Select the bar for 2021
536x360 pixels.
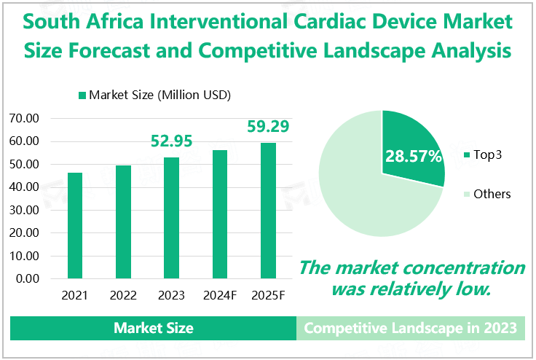pyautogui.click(x=75, y=225)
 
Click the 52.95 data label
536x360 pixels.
pyautogui.click(x=172, y=141)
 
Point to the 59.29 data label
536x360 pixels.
pyautogui.click(x=268, y=126)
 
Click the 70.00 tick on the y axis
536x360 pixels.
pyautogui.click(x=27, y=118)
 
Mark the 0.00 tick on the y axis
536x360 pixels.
pyautogui.click(x=30, y=278)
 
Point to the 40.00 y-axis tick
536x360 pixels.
pyautogui.click(x=27, y=187)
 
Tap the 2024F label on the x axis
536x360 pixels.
pyautogui.click(x=220, y=296)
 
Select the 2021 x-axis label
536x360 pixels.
pyautogui.click(x=75, y=296)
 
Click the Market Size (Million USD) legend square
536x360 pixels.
pyautogui.click(x=82, y=95)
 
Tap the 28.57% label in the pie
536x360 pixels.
pyautogui.click(x=414, y=156)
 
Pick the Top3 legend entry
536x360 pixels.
pyautogui.click(x=486, y=154)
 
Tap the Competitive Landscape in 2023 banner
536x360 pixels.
pyautogui.click(x=411, y=328)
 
